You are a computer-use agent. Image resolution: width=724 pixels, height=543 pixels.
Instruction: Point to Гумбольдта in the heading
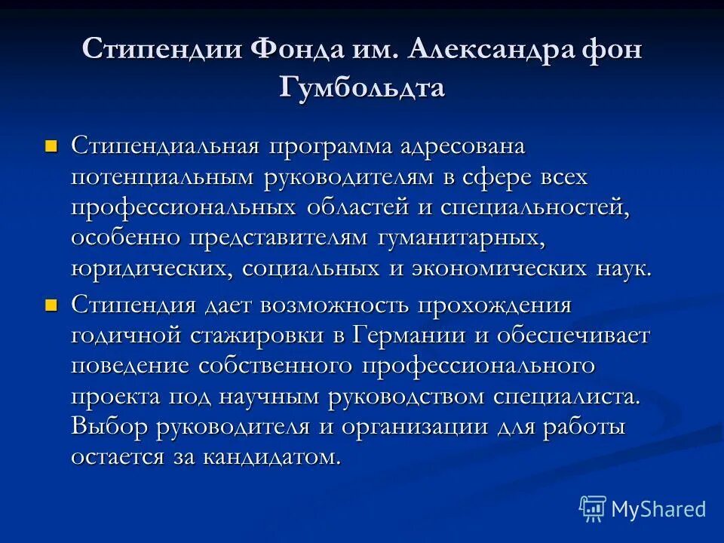click(362, 87)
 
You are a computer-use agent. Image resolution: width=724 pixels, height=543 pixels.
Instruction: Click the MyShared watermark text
click(658, 509)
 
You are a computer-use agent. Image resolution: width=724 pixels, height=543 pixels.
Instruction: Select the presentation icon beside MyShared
click(592, 508)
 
